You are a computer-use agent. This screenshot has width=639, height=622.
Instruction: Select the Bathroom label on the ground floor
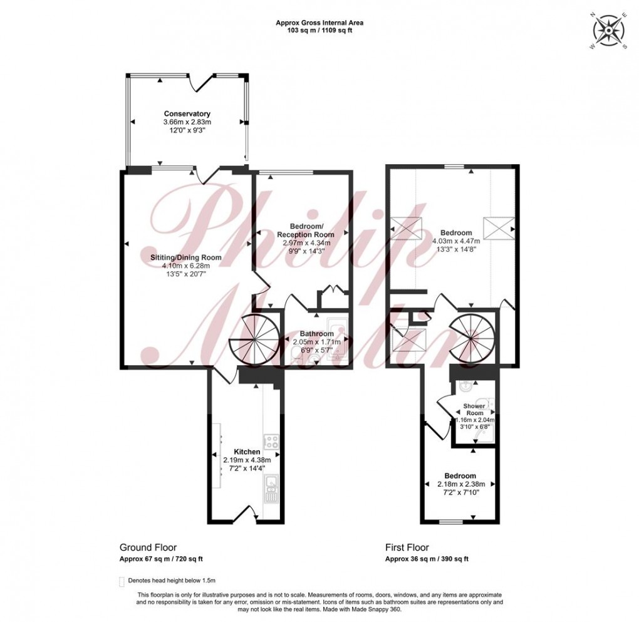[316, 333]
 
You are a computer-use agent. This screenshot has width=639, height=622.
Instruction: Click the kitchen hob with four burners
[271, 442]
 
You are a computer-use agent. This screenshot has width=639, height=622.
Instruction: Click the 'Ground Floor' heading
[143, 547]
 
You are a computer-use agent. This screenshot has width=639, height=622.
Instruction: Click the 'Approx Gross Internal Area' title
[319, 23]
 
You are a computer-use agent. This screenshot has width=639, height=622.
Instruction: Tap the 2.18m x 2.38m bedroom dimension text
[460, 484]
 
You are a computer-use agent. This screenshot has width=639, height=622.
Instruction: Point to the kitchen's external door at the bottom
[243, 515]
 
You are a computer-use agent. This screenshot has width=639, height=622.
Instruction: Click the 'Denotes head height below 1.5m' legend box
[122, 580]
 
